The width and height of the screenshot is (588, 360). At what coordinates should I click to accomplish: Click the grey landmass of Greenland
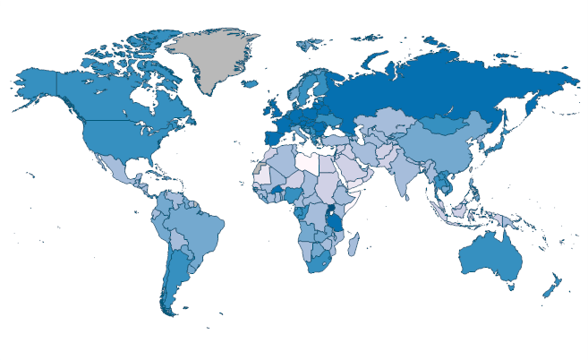[215, 58]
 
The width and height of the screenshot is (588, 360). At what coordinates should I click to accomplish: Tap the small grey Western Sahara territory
[259, 168]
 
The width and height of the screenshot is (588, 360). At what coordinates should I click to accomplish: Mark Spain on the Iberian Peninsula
[271, 140]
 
